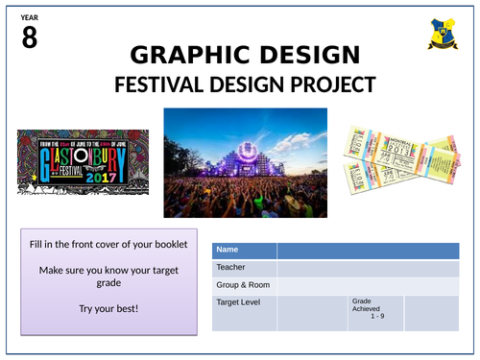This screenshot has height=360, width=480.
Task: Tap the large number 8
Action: (x=29, y=39)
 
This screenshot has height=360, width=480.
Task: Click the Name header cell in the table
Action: (x=244, y=251)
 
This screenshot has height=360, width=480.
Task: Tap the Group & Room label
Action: (x=244, y=285)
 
